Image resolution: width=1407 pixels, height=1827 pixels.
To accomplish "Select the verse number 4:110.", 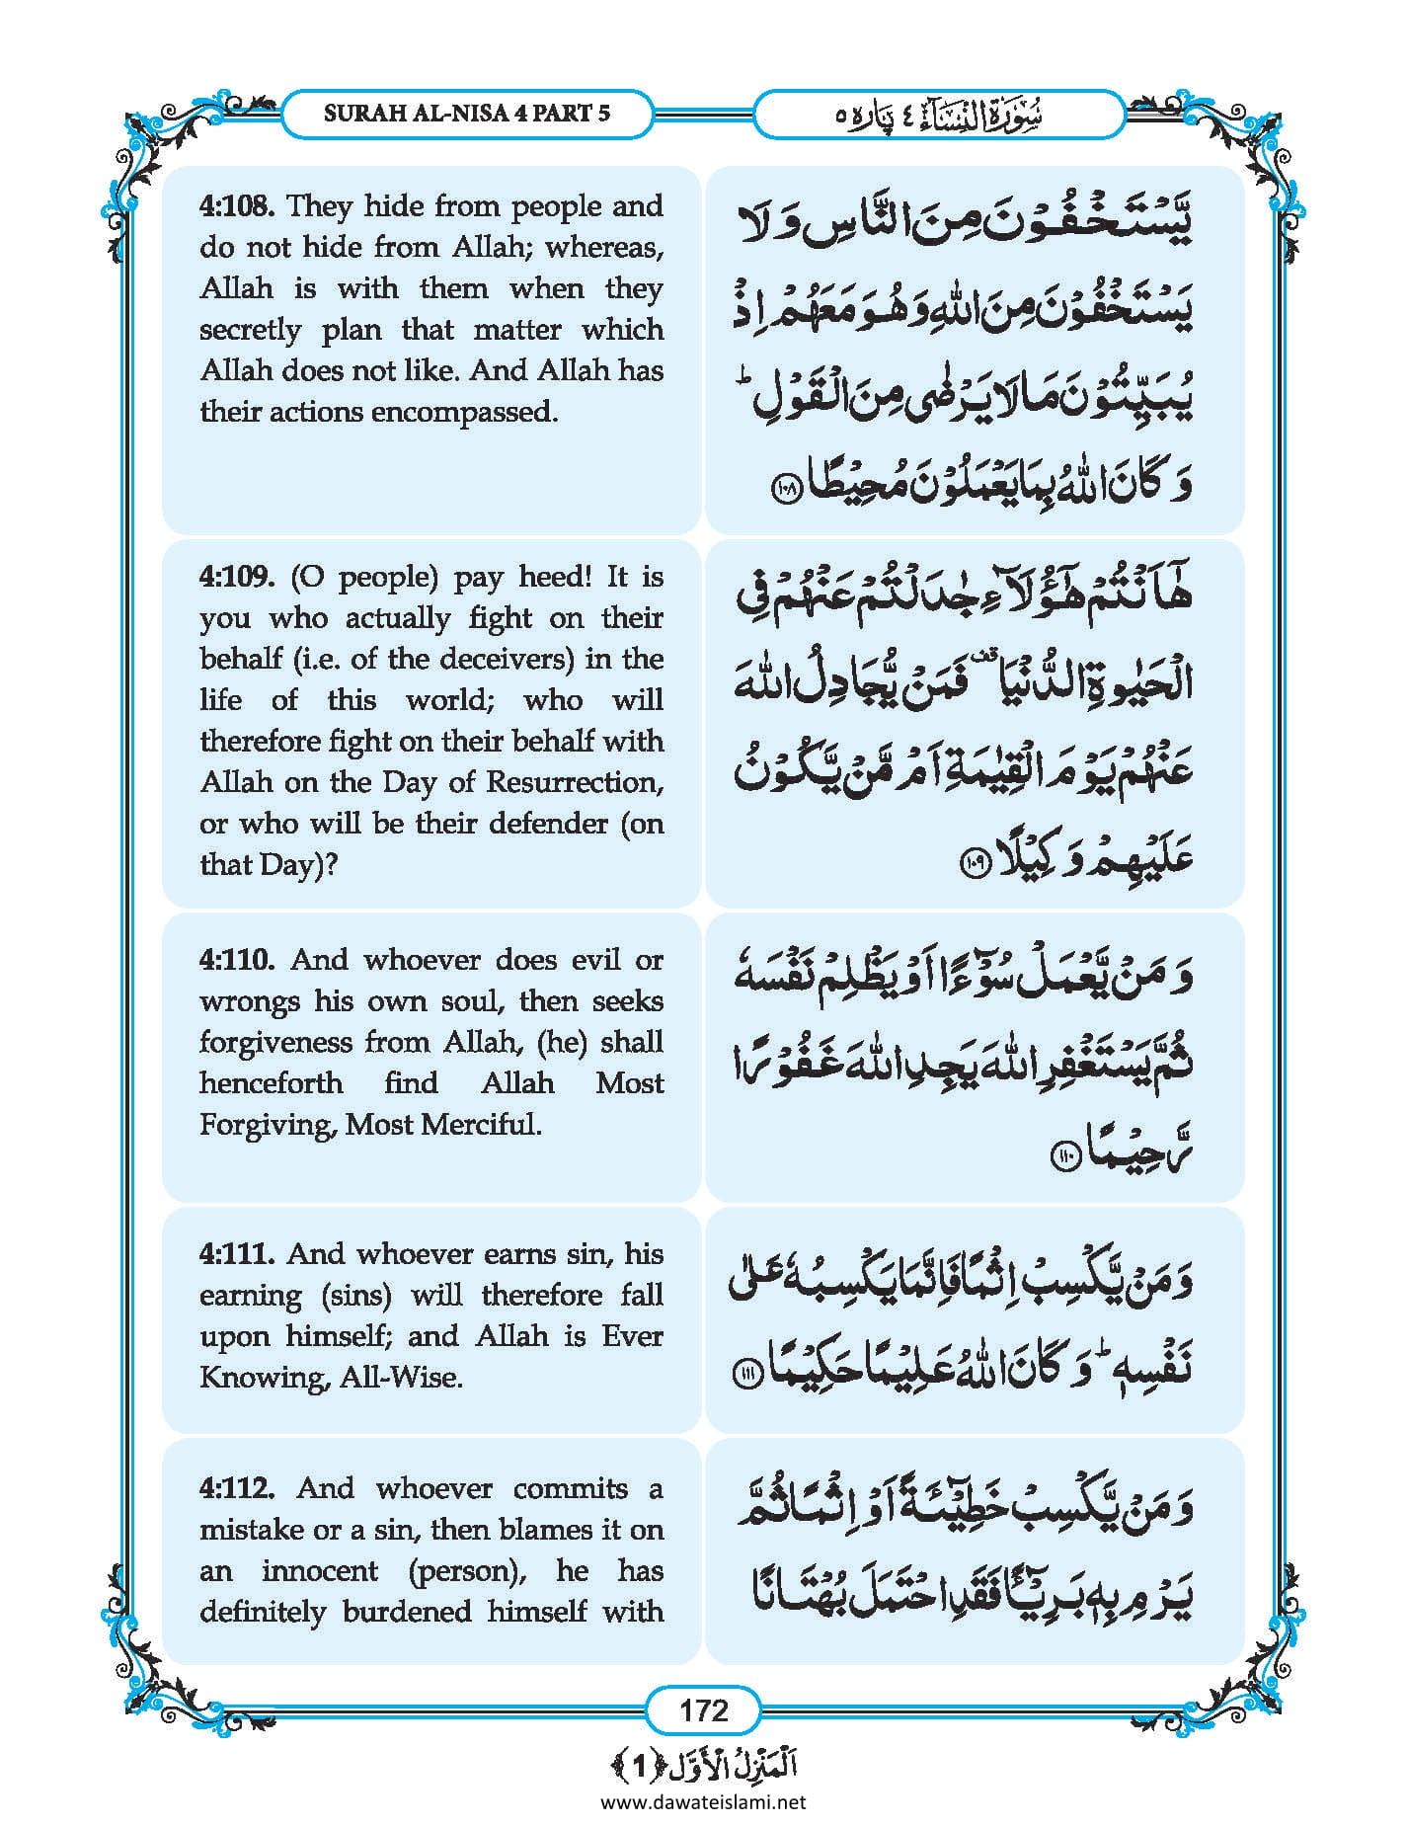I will (x=238, y=960).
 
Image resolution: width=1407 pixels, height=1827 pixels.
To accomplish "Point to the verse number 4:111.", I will (x=237, y=1254).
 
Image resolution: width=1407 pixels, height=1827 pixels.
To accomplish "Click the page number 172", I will (x=703, y=1709).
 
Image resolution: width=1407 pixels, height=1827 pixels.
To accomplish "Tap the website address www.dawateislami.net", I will (x=703, y=1801).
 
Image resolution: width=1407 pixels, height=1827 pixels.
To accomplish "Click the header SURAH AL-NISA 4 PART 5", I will (x=467, y=114).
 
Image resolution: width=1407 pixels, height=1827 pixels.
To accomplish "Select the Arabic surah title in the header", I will (x=939, y=115).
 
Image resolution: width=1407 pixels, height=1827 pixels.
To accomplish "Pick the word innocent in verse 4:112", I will (x=320, y=1570).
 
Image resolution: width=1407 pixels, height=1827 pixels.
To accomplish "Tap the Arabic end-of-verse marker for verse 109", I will (x=973, y=863).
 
